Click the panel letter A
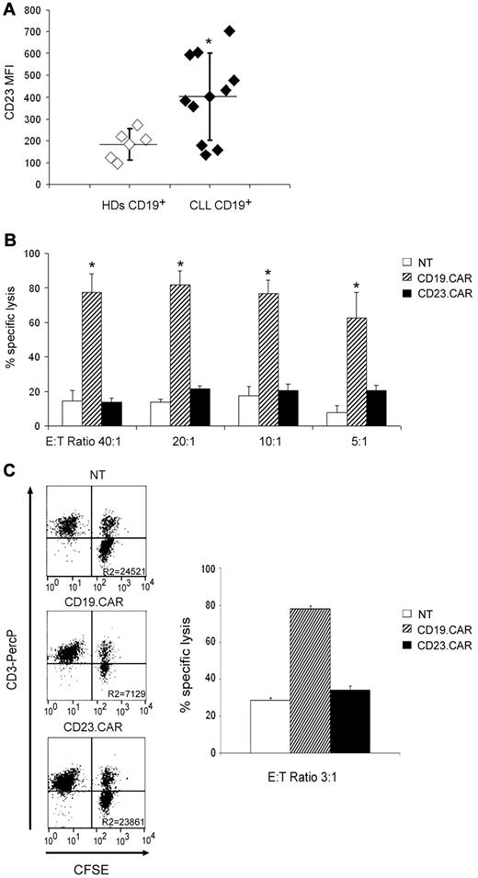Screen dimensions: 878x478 click(9, 9)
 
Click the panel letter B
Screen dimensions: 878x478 click(9, 242)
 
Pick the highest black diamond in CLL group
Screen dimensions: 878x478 click(230, 31)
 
